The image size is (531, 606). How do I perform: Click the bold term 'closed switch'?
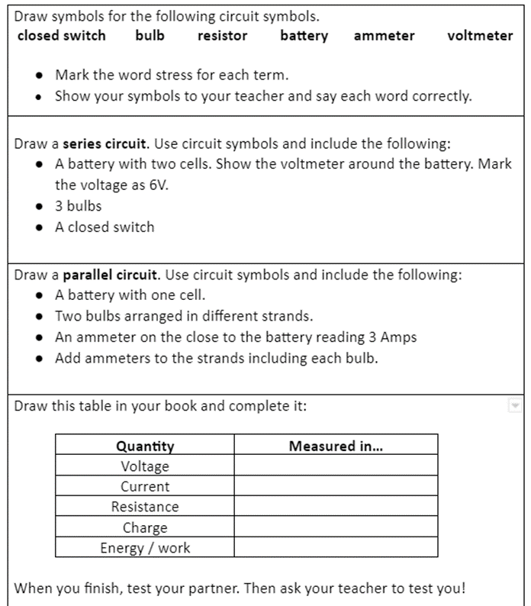point(61,35)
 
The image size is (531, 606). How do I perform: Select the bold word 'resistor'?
point(222,35)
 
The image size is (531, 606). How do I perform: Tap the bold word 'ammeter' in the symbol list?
point(385,35)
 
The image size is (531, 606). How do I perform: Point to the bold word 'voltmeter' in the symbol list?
point(481,35)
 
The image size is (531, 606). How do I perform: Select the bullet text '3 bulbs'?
point(78,206)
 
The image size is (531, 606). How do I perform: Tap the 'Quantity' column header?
point(145,446)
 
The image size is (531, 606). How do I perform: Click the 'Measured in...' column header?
point(336,446)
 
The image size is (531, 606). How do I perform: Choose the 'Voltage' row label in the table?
point(145,466)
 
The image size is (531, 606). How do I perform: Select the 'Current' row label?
point(145,486)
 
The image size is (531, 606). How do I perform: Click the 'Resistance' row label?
point(145,507)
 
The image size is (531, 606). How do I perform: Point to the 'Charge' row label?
point(145,527)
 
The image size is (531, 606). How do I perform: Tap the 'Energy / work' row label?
point(145,548)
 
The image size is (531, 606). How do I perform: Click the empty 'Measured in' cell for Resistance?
point(336,507)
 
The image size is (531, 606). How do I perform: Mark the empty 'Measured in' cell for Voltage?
point(336,466)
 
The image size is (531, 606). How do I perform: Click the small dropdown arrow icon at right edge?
point(514,405)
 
